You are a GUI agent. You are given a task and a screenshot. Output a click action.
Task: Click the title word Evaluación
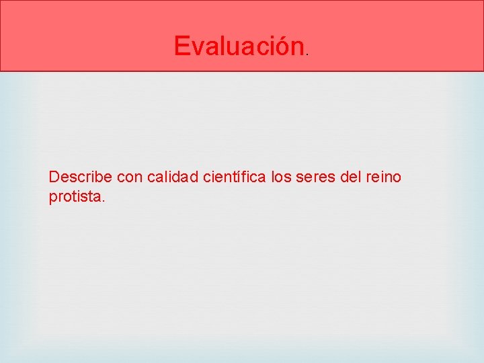click(239, 46)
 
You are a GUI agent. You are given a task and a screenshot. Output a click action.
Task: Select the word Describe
click(81, 177)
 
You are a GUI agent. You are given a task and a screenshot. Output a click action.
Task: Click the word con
click(130, 177)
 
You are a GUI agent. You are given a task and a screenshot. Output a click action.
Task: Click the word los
click(282, 177)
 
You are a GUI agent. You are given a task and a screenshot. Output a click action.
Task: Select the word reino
click(384, 177)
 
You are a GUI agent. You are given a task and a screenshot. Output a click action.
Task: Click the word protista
click(75, 198)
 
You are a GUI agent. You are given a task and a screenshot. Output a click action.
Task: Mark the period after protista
click(104, 202)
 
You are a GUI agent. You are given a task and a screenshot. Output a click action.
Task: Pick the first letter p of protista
click(53, 199)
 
